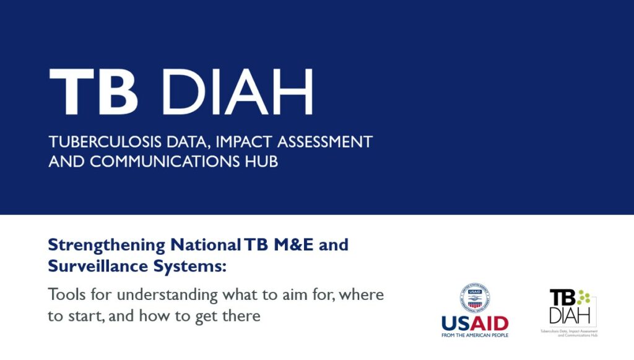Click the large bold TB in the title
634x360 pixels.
tap(93, 92)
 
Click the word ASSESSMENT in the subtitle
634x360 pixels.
tap(324, 142)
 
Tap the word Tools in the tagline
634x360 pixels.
tap(66, 294)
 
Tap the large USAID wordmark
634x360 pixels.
tap(475, 323)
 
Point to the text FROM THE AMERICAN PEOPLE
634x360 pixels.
tap(475, 335)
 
